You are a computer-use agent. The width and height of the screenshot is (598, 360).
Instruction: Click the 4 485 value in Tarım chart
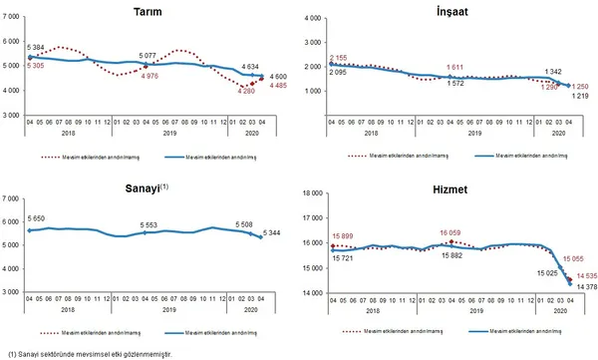click(278, 84)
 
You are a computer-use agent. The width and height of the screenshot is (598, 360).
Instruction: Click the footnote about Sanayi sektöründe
click(90, 353)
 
